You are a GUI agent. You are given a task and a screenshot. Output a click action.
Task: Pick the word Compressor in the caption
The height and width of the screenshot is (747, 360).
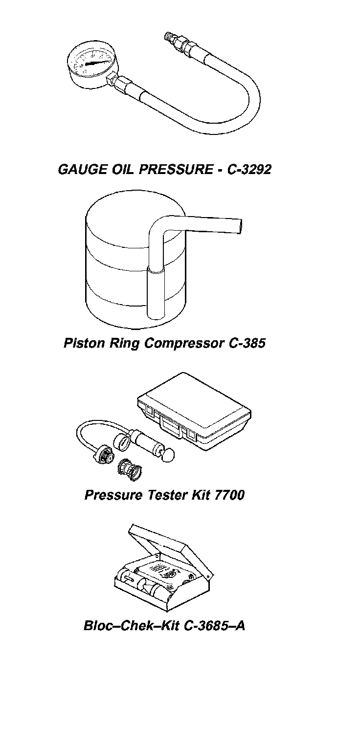click(x=185, y=343)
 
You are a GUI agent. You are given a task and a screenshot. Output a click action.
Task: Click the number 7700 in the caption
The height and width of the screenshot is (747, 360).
click(x=229, y=495)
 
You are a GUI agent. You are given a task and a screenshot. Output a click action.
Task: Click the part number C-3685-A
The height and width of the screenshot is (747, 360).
click(x=214, y=626)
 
